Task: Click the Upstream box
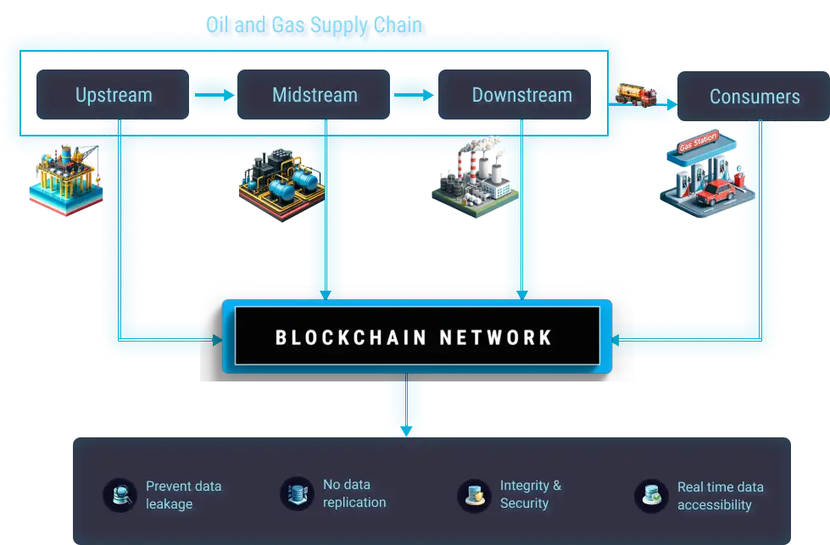pyautogui.click(x=113, y=95)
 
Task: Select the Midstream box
pyautogui.click(x=315, y=95)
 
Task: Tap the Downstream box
pyautogui.click(x=521, y=95)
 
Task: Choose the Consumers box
pyautogui.click(x=754, y=97)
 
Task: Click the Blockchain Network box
pyautogui.click(x=415, y=337)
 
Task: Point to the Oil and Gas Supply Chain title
pyautogui.click(x=314, y=25)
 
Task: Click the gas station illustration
pyautogui.click(x=705, y=176)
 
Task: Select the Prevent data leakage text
pyautogui.click(x=183, y=495)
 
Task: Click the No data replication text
pyautogui.click(x=354, y=493)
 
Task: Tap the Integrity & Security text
pyautogui.click(x=531, y=494)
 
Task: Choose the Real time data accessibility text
pyautogui.click(x=720, y=496)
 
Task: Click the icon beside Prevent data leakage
pyautogui.click(x=120, y=495)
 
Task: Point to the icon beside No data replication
pyautogui.click(x=297, y=493)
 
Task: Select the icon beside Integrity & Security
pyautogui.click(x=474, y=495)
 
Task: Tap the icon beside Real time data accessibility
pyautogui.click(x=651, y=496)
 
